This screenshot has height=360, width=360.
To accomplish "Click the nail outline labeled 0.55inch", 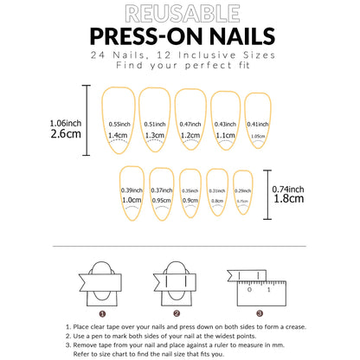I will (119, 121).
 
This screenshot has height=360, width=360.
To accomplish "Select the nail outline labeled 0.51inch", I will (154, 121).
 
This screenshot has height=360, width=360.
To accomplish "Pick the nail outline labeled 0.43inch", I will (223, 122).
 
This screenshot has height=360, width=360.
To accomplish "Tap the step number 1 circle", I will (102, 313).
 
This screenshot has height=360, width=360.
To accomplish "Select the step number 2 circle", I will (176, 313).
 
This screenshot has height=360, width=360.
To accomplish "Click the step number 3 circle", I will (259, 313).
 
